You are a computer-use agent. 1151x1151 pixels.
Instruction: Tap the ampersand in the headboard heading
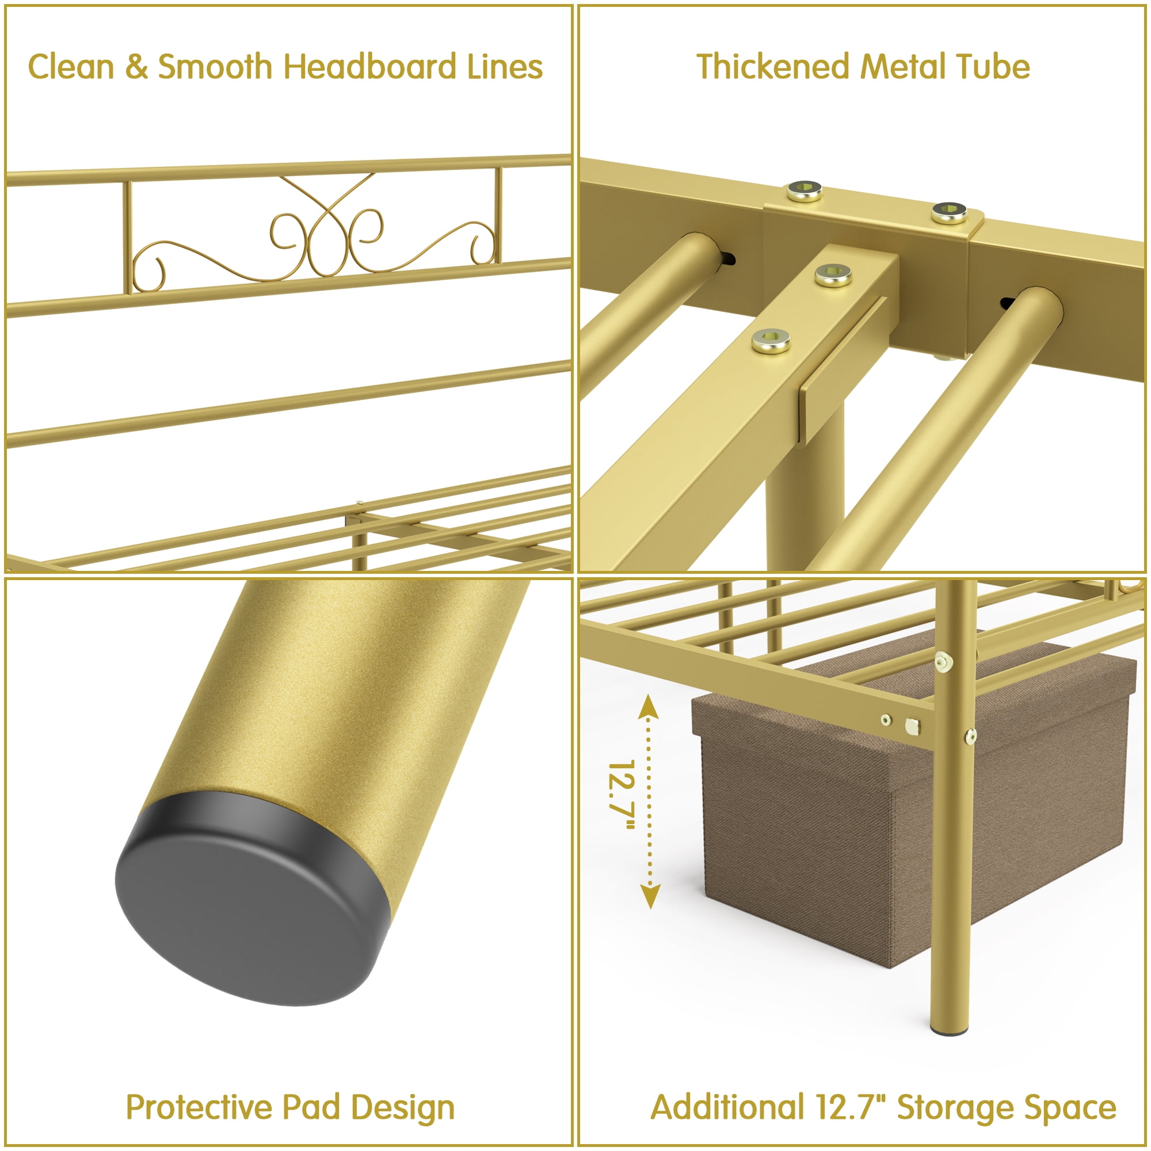pos(136,67)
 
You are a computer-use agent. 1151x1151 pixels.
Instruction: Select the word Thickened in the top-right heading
pos(772,66)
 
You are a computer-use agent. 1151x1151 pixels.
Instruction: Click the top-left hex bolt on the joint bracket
pos(805,191)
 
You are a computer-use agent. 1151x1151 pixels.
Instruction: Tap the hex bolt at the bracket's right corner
pos(950,212)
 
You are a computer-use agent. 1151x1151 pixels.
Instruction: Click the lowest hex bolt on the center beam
pos(771,341)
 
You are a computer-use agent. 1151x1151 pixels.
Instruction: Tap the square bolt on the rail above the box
pos(912,726)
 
